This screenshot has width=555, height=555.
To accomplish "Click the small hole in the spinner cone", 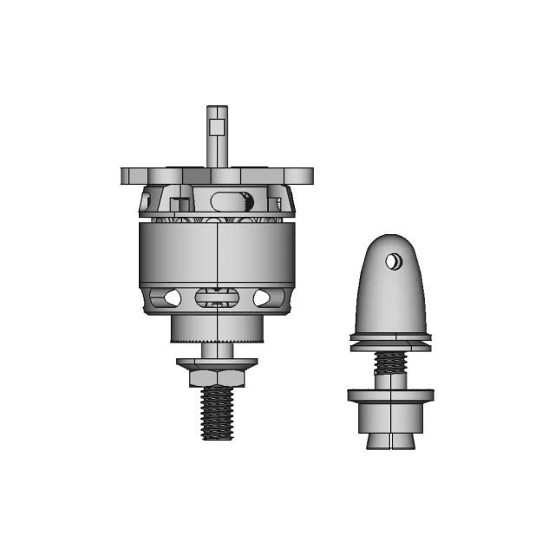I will pos(394,261).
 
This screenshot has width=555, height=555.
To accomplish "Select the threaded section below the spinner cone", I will pos(390,362).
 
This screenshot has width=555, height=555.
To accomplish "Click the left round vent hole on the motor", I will pos(172,297).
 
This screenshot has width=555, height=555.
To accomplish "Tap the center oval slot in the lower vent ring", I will pos(217,297).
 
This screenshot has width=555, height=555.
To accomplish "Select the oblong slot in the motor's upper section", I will pos(230,201).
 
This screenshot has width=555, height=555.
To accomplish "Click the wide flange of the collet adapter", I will pos(390,396).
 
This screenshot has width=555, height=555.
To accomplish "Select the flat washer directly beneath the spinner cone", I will pos(390,340).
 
